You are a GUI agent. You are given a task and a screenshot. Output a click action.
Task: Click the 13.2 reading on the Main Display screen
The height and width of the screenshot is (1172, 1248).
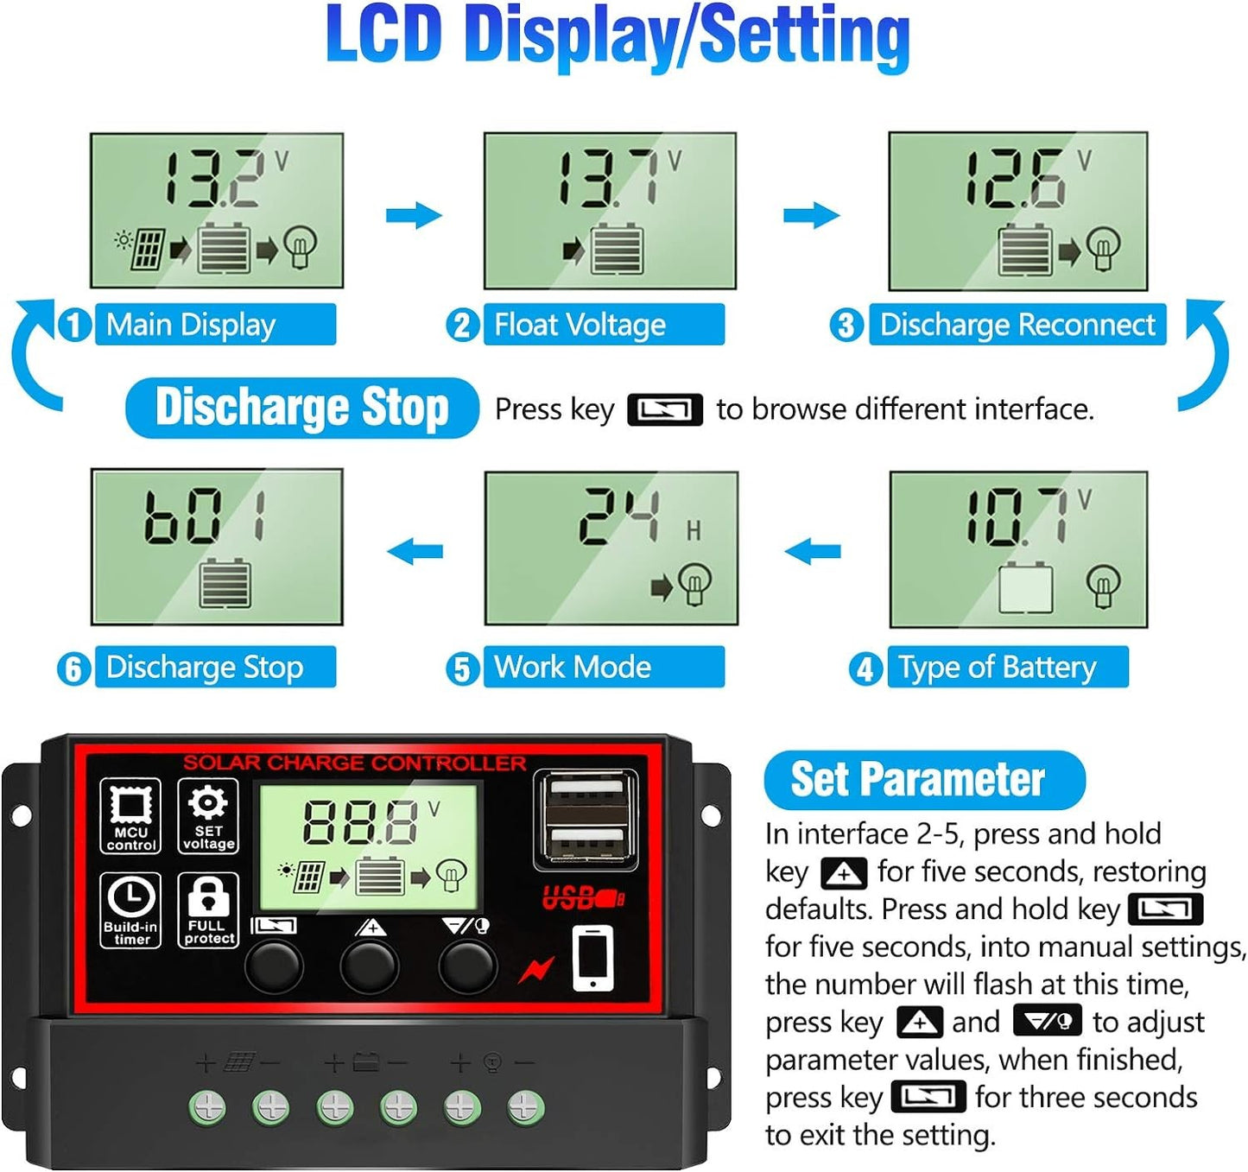[212, 179]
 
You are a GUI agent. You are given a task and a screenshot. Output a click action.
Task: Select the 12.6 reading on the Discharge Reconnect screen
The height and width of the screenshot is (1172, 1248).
[1014, 179]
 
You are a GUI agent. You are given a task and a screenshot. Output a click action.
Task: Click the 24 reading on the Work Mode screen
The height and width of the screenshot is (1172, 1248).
[619, 516]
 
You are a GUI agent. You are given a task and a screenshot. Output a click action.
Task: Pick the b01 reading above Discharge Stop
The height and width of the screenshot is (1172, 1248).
[204, 516]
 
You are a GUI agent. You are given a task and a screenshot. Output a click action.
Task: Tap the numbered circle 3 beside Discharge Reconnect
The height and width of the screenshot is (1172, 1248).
[846, 325]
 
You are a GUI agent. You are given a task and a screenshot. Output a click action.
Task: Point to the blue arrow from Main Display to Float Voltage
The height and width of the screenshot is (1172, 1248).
[414, 216]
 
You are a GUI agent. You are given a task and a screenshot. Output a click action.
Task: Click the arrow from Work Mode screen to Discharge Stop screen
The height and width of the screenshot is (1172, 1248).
[415, 551]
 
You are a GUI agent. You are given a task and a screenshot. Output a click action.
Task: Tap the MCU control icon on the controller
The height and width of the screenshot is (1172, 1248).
[130, 815]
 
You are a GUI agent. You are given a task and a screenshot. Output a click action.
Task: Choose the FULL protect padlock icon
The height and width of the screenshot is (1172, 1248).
[208, 910]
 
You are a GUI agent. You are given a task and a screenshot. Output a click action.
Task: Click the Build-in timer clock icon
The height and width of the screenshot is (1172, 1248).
[130, 910]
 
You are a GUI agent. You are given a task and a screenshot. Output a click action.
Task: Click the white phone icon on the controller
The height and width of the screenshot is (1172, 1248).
[592, 959]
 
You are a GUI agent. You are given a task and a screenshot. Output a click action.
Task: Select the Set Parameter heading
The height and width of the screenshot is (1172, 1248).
[924, 780]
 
